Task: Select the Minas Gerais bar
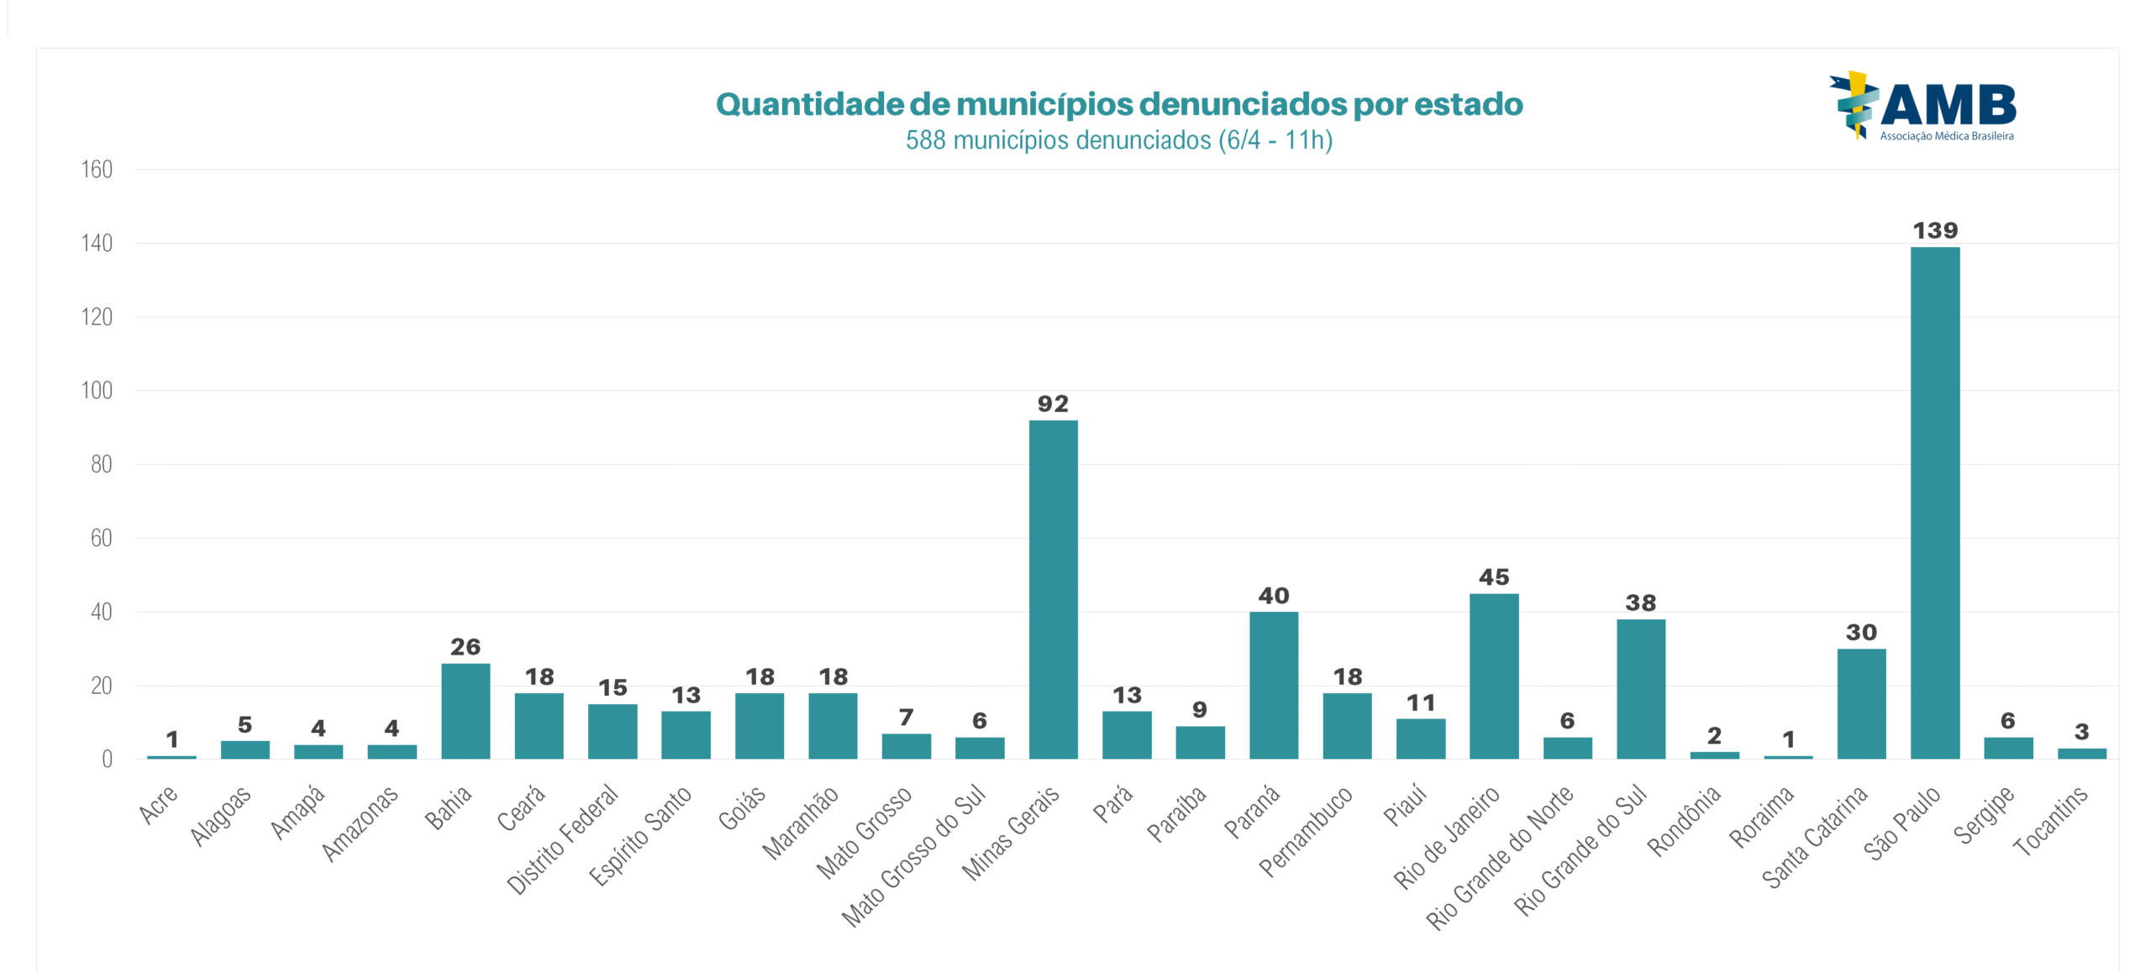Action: tap(1053, 589)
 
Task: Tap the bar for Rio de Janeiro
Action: tap(1494, 676)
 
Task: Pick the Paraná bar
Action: tap(1273, 685)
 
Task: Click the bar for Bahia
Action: tap(465, 711)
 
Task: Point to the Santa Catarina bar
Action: tap(1861, 703)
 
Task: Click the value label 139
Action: tap(1934, 230)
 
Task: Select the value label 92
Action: tap(1053, 404)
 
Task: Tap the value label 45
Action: tap(1494, 577)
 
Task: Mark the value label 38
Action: tap(1640, 602)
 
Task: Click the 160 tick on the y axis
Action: tap(97, 170)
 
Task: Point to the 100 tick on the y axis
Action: tap(97, 391)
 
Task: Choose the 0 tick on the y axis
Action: tap(107, 760)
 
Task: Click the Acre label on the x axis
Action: tap(158, 804)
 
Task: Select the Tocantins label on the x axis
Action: tap(2050, 821)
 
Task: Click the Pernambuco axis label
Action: tap(1306, 831)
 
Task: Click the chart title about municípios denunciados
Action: tap(1118, 104)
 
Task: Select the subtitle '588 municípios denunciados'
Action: tap(1118, 139)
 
